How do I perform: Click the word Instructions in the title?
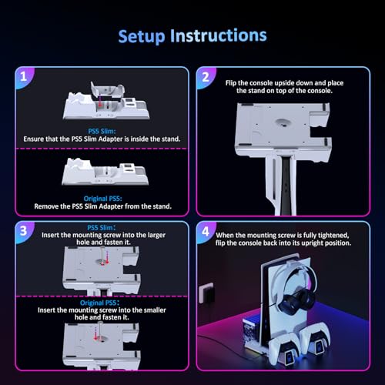(219, 35)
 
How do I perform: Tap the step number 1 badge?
(24, 76)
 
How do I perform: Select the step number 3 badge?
(24, 230)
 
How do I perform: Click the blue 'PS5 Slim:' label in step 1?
(104, 132)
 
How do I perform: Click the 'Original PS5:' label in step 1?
(104, 198)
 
